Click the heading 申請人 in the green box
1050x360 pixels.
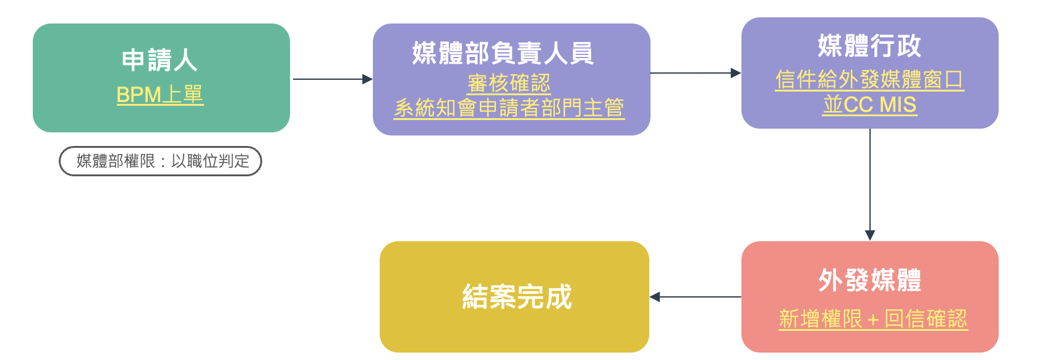pos(160,61)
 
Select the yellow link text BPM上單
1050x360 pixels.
pos(160,95)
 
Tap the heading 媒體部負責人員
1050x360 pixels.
pos(503,53)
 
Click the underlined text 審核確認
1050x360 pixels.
pos(509,84)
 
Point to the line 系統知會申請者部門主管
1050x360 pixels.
pos(509,108)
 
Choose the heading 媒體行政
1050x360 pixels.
pos(869,46)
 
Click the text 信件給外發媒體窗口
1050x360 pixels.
pos(869,80)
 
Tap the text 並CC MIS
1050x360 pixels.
pos(869,105)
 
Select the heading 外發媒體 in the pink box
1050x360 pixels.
pos(869,280)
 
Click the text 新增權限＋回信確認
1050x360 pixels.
pos(873,319)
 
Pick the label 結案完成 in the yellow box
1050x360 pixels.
pos(517,297)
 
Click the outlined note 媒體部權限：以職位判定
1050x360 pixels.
pos(161,161)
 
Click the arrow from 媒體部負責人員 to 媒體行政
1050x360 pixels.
pos(695,73)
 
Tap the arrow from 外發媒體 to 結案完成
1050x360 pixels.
pos(695,297)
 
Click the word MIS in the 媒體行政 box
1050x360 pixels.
pos(898,105)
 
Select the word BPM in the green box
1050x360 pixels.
pos(139,95)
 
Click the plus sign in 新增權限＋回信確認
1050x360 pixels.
pos(873,320)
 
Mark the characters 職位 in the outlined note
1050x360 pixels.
pos(203,161)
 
